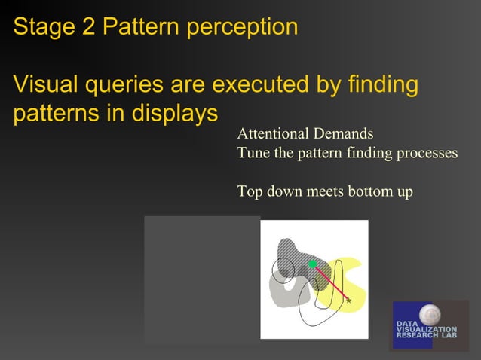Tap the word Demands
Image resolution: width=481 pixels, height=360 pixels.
tap(342, 134)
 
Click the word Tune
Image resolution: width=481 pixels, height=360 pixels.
tap(253, 153)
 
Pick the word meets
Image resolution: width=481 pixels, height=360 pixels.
tap(327, 191)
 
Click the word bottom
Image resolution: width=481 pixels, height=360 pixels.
tap(370, 191)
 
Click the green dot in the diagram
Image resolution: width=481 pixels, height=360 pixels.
tap(311, 264)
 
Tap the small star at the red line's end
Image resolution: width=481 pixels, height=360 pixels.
tap(348, 301)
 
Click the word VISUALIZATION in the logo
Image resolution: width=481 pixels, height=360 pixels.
tap(427, 330)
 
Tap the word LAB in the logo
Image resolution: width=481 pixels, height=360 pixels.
tap(449, 336)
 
